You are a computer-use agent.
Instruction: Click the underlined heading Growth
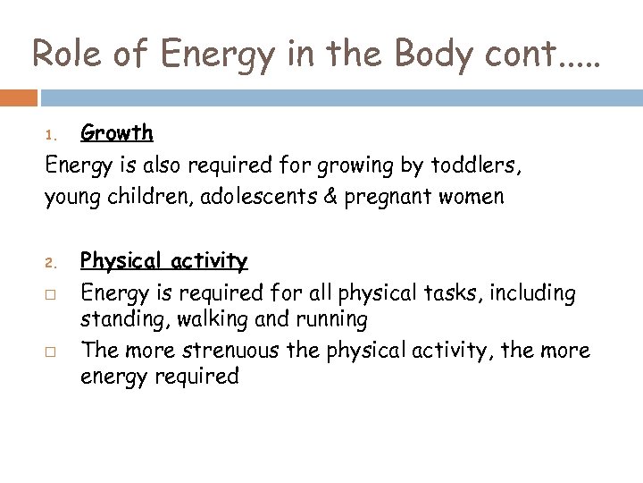(x=117, y=134)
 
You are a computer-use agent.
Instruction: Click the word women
(x=472, y=197)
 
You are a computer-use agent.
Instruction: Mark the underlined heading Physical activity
(x=164, y=261)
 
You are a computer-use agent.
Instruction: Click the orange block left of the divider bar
(x=18, y=97)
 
